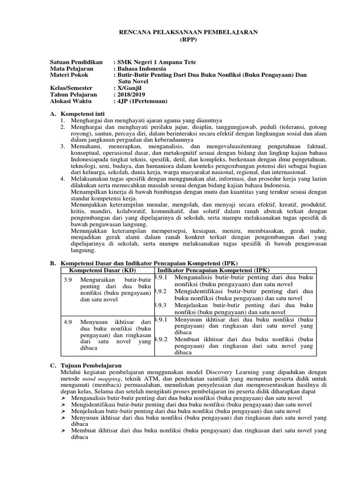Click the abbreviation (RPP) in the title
[x=189, y=40]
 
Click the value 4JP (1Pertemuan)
[x=142, y=101]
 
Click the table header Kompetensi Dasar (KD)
[x=102, y=270]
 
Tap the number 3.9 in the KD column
[x=67, y=279]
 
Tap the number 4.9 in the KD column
[x=67, y=322]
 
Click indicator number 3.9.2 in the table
[x=160, y=291]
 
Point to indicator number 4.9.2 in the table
[x=160, y=339]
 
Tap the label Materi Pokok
[x=69, y=75]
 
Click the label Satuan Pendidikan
[x=76, y=62]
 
